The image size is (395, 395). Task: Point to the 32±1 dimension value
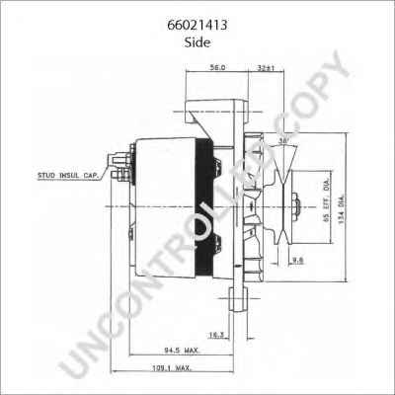point(265,67)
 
